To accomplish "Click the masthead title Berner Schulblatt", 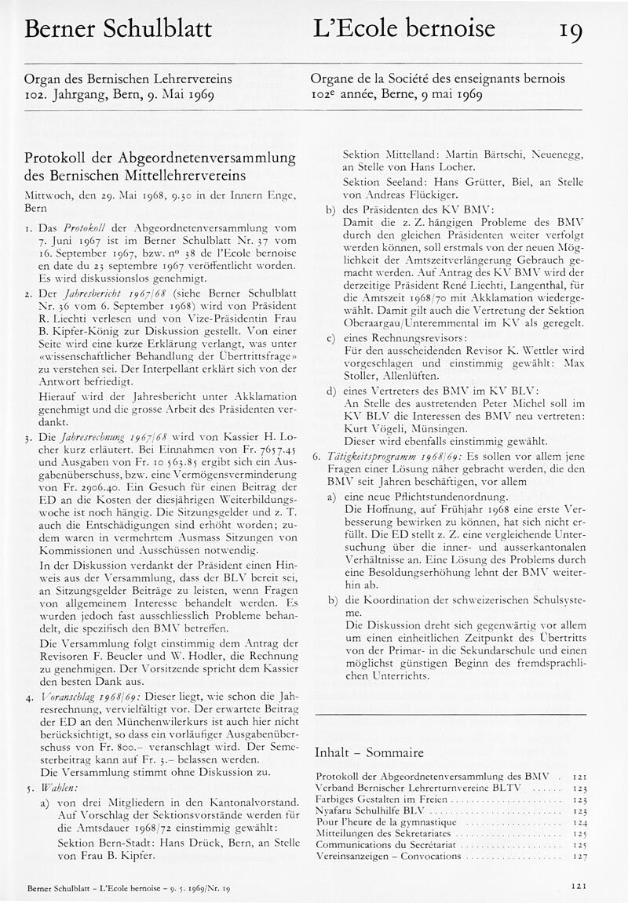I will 119,29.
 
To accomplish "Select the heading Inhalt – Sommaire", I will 368,752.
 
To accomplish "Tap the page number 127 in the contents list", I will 579,857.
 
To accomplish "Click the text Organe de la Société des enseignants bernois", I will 438,79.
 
